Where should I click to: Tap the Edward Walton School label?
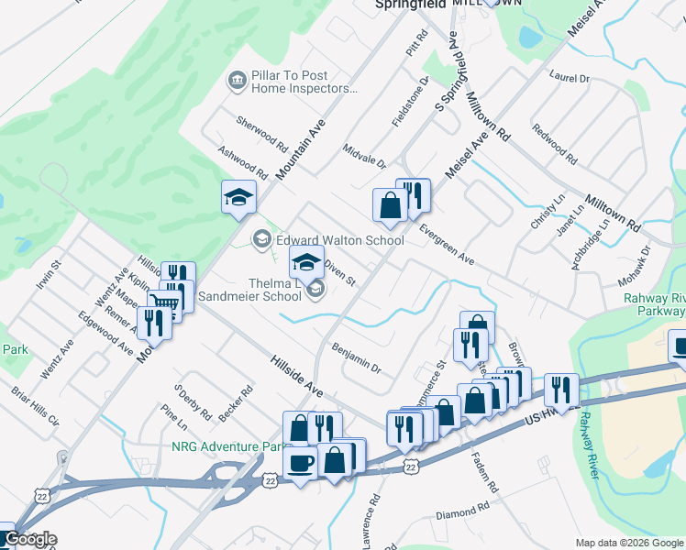coord(339,240)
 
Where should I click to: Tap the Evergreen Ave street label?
coord(447,246)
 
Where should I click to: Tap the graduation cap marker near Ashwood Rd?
coord(238,196)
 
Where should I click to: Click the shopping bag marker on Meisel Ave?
coord(389,204)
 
